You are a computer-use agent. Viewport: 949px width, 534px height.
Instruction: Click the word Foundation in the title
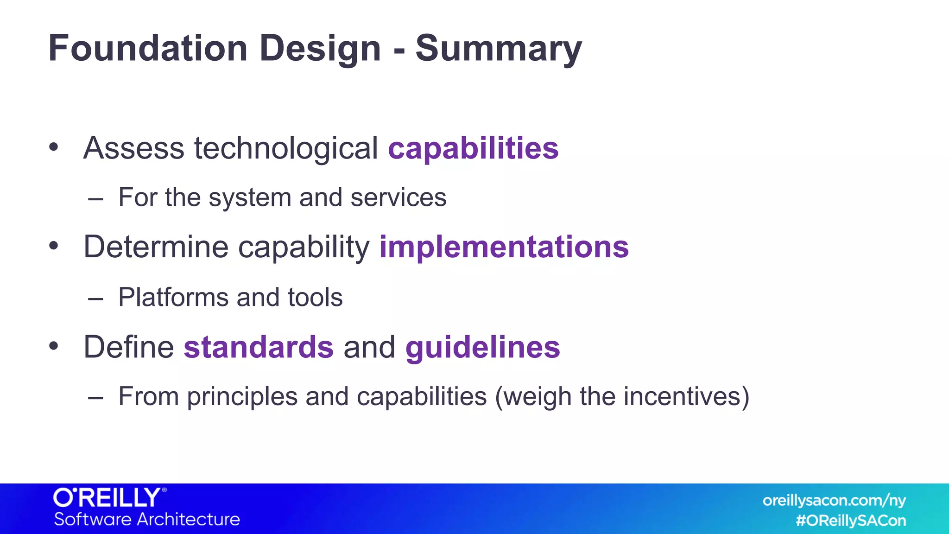(x=148, y=48)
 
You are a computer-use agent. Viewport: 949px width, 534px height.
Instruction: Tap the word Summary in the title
(x=498, y=49)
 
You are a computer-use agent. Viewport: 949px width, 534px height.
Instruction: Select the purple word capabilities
(x=473, y=148)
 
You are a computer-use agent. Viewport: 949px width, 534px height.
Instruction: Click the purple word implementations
(x=504, y=247)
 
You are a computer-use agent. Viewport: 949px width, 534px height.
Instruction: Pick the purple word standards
(x=259, y=347)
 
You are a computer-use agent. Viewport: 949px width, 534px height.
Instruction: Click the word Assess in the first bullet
(x=134, y=148)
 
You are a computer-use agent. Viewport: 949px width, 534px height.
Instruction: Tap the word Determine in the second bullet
(x=156, y=247)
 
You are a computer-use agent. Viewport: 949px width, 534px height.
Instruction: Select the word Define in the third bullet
(x=128, y=347)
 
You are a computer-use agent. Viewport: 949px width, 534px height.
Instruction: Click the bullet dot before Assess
(x=54, y=147)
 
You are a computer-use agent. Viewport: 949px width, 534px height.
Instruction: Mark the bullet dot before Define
(x=54, y=346)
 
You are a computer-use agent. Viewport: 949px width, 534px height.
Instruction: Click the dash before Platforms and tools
(x=95, y=299)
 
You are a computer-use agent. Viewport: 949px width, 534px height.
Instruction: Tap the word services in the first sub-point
(x=398, y=198)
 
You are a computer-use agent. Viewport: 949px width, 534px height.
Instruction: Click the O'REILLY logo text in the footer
(x=108, y=498)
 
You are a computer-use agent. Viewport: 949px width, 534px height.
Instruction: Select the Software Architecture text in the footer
(x=147, y=519)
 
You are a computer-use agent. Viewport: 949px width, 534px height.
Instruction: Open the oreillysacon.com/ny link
(x=834, y=501)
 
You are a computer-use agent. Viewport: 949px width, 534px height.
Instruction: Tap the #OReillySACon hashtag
(x=850, y=521)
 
